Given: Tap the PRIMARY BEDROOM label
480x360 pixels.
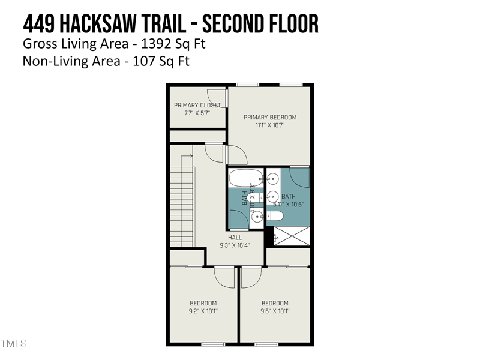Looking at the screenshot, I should [x=270, y=117].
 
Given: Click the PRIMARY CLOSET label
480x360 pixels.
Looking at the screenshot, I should [x=197, y=105].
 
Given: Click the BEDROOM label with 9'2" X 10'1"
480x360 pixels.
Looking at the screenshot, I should [x=203, y=303].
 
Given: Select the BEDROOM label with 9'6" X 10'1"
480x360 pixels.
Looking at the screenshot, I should [x=275, y=303].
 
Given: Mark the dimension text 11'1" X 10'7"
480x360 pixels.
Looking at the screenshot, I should [x=270, y=125].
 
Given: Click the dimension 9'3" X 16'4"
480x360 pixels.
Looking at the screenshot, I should [x=235, y=245].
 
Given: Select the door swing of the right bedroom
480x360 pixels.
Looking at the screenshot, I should [x=251, y=275].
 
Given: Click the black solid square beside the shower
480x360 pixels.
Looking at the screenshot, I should [x=269, y=231].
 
